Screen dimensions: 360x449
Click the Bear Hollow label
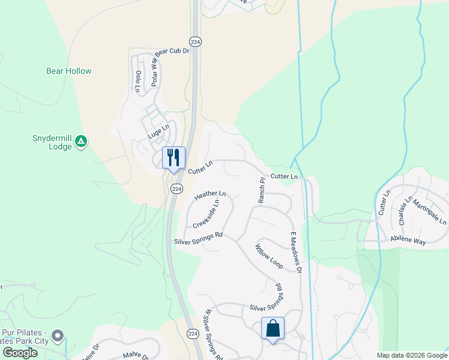tap(69, 71)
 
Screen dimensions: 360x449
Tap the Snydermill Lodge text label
tap(52, 142)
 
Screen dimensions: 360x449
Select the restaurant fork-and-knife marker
tap(173, 158)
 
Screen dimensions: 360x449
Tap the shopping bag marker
tap(273, 328)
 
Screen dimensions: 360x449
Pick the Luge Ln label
tap(158, 132)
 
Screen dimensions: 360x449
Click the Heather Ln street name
tap(210, 195)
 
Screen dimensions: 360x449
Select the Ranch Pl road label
tap(262, 190)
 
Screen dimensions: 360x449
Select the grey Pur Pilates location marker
tap(58, 335)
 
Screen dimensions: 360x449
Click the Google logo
tap(20, 353)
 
